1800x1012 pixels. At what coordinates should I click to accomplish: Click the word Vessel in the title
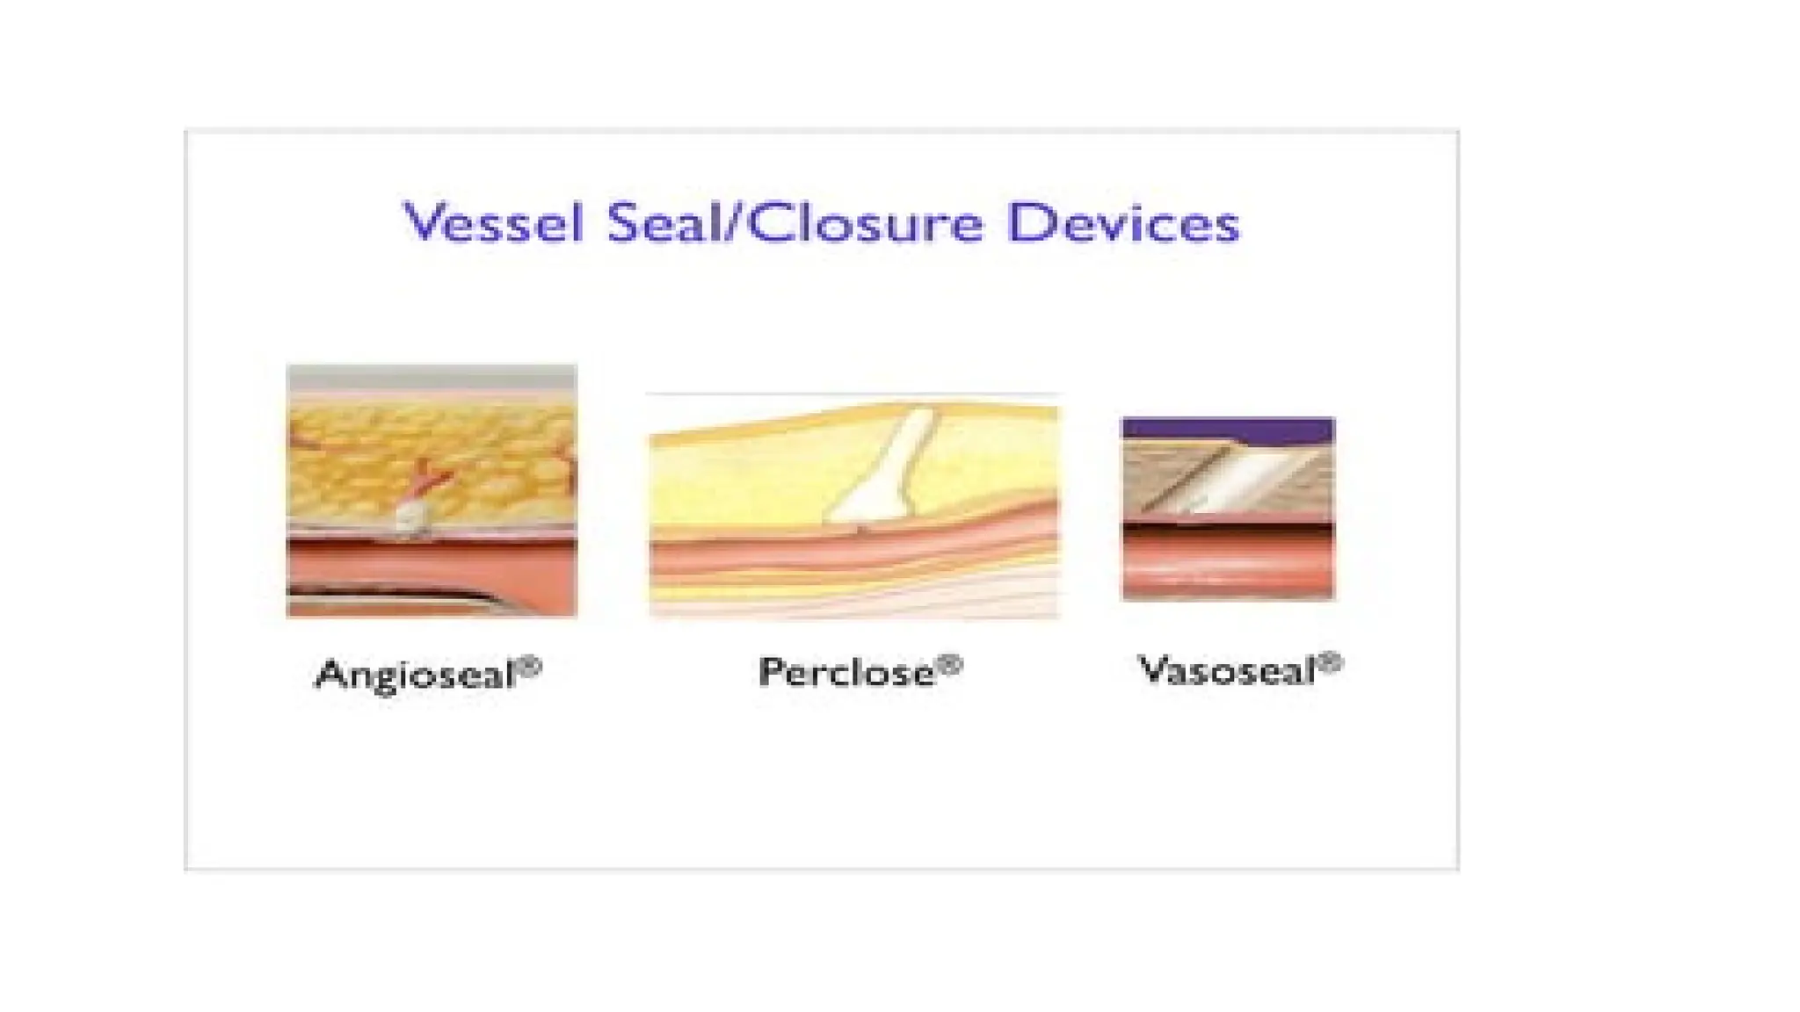(x=492, y=222)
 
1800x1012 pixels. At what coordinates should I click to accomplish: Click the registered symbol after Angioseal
(x=529, y=669)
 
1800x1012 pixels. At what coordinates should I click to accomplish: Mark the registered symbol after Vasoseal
(x=1331, y=663)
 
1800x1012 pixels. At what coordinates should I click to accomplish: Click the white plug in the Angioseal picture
(x=410, y=516)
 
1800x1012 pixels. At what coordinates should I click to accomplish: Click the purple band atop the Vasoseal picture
(x=1228, y=430)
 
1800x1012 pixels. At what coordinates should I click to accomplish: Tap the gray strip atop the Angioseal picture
(x=432, y=379)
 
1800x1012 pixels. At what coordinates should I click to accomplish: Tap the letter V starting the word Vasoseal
(x=1151, y=669)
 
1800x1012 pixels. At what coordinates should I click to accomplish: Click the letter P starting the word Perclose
(x=772, y=672)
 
